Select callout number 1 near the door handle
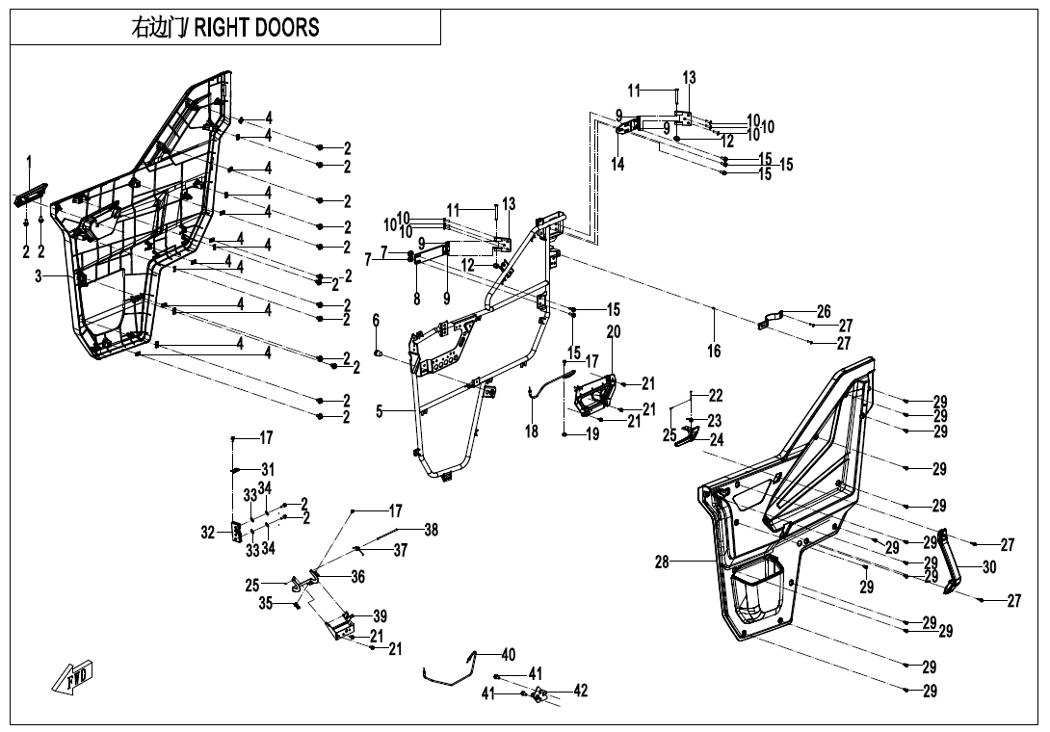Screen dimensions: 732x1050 29,160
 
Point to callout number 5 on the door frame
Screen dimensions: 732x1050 381,411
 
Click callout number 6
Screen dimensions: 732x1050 376,320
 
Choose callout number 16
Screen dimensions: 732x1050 714,352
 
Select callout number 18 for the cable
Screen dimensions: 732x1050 532,432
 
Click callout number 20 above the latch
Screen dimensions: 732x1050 614,332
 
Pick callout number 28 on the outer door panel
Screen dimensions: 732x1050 662,562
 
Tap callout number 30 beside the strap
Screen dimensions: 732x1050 989,568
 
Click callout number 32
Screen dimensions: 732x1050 208,532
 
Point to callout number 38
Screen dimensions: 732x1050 431,530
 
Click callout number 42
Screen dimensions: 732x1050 580,691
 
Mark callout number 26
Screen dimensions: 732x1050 824,312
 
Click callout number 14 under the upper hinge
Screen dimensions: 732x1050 617,165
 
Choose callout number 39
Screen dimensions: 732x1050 381,616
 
